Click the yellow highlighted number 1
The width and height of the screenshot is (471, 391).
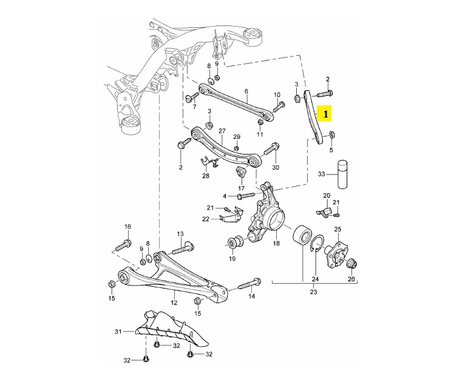coord(327,113)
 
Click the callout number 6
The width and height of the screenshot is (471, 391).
coord(246,92)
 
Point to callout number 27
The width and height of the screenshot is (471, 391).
coord(222,131)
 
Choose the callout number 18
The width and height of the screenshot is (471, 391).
coord(276,243)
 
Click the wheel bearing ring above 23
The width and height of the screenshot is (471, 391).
coord(302,238)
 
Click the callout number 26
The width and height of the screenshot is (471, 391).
coord(351,279)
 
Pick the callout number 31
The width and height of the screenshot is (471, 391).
coord(118,332)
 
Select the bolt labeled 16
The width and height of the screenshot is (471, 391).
coord(123,245)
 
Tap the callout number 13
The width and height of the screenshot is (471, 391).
coord(180,234)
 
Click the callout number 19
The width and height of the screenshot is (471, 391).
coord(232,259)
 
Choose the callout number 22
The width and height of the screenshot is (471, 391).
coord(206,219)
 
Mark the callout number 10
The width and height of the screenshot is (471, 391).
coord(277,95)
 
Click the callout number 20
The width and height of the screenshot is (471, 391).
coord(326,195)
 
